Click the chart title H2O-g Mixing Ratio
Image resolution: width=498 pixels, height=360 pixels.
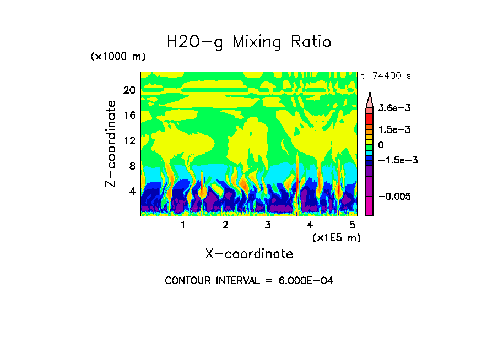pyautogui.click(x=249, y=42)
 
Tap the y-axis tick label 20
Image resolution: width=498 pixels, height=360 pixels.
pyautogui.click(x=129, y=90)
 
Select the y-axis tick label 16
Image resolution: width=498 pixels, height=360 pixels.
pyautogui.click(x=129, y=116)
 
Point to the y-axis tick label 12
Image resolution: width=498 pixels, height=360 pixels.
pyautogui.click(x=129, y=141)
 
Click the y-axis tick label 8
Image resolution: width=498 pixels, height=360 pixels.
pyautogui.click(x=132, y=166)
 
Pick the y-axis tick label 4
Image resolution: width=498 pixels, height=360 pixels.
pyautogui.click(x=132, y=192)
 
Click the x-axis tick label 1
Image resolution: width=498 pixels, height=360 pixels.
pyautogui.click(x=183, y=225)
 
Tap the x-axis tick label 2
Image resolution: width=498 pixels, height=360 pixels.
pyautogui.click(x=225, y=225)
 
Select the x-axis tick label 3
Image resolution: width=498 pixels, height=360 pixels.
pyautogui.click(x=268, y=225)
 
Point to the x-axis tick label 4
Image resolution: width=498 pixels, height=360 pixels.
pyautogui.click(x=310, y=225)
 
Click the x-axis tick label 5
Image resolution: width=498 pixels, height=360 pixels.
pyautogui.click(x=352, y=225)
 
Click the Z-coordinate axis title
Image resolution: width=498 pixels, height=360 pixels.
pyautogui.click(x=111, y=143)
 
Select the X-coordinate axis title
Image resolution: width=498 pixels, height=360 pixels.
pyautogui.click(x=249, y=254)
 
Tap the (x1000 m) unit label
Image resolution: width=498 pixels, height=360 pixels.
pyautogui.click(x=117, y=57)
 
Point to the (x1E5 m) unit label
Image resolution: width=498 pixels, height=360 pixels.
pyautogui.click(x=336, y=238)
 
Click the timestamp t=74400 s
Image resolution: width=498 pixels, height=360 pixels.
pyautogui.click(x=386, y=75)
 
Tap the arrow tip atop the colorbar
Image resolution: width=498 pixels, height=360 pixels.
pyautogui.click(x=370, y=94)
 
